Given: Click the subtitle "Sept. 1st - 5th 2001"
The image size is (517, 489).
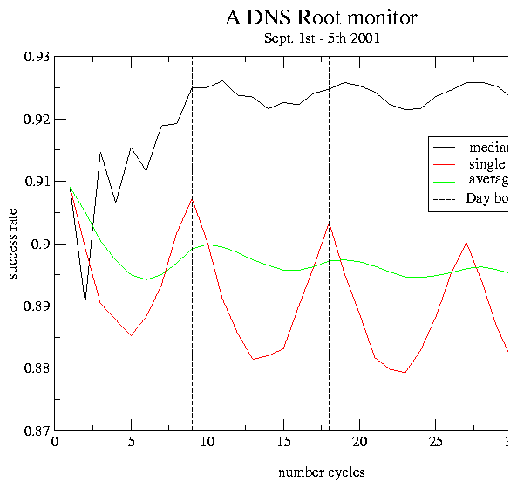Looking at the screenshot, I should (322, 38).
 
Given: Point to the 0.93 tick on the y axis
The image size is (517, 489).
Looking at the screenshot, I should (35, 57).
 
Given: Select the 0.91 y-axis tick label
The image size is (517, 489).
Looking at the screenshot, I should (35, 182).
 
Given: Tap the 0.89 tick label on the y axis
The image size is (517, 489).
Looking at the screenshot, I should (35, 306).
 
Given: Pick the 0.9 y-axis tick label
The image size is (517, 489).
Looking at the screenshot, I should (39, 244).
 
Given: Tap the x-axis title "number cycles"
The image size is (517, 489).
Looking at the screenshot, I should (322, 472).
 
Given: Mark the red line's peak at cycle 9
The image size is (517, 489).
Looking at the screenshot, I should (192, 199).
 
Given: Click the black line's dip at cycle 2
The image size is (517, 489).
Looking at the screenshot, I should (85, 302).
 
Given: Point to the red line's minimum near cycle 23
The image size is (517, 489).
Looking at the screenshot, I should (405, 373).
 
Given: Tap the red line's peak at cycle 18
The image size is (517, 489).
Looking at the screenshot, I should (329, 222).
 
